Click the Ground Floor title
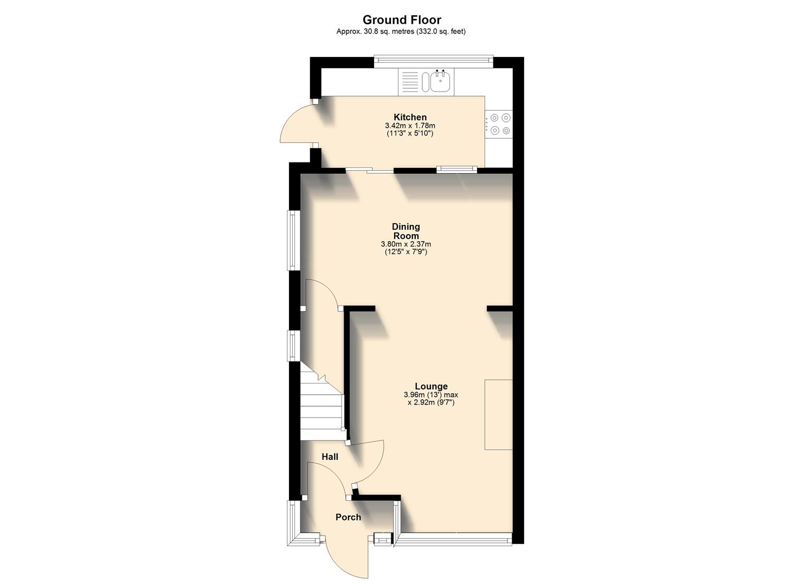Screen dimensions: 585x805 [x=402, y=20]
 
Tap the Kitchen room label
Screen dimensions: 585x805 [x=410, y=117]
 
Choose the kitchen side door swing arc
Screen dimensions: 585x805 [x=295, y=123]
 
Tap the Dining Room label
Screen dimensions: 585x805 [x=406, y=231]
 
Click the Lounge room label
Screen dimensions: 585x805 [x=431, y=386]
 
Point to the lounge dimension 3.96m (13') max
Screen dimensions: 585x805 [x=431, y=395]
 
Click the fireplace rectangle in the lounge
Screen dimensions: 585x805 [x=498, y=414]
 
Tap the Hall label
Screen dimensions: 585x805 [x=330, y=457]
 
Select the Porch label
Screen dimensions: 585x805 [x=348, y=517]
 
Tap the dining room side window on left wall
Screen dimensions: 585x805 [x=293, y=240]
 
